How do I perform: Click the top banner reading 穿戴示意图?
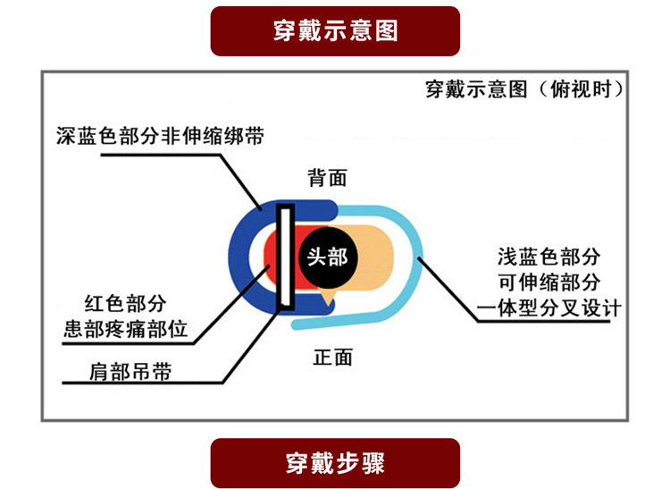(x=335, y=31)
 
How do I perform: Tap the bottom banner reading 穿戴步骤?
(x=335, y=463)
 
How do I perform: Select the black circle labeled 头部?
(x=327, y=257)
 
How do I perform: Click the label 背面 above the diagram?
(x=327, y=178)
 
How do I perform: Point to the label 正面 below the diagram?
(x=332, y=358)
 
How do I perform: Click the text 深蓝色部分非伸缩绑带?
(x=160, y=137)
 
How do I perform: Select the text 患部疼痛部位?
(x=126, y=329)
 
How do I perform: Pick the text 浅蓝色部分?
(x=549, y=257)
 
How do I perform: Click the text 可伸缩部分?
(x=549, y=282)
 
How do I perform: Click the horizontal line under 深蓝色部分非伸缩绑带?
(x=170, y=154)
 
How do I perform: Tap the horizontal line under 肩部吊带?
(x=134, y=384)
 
